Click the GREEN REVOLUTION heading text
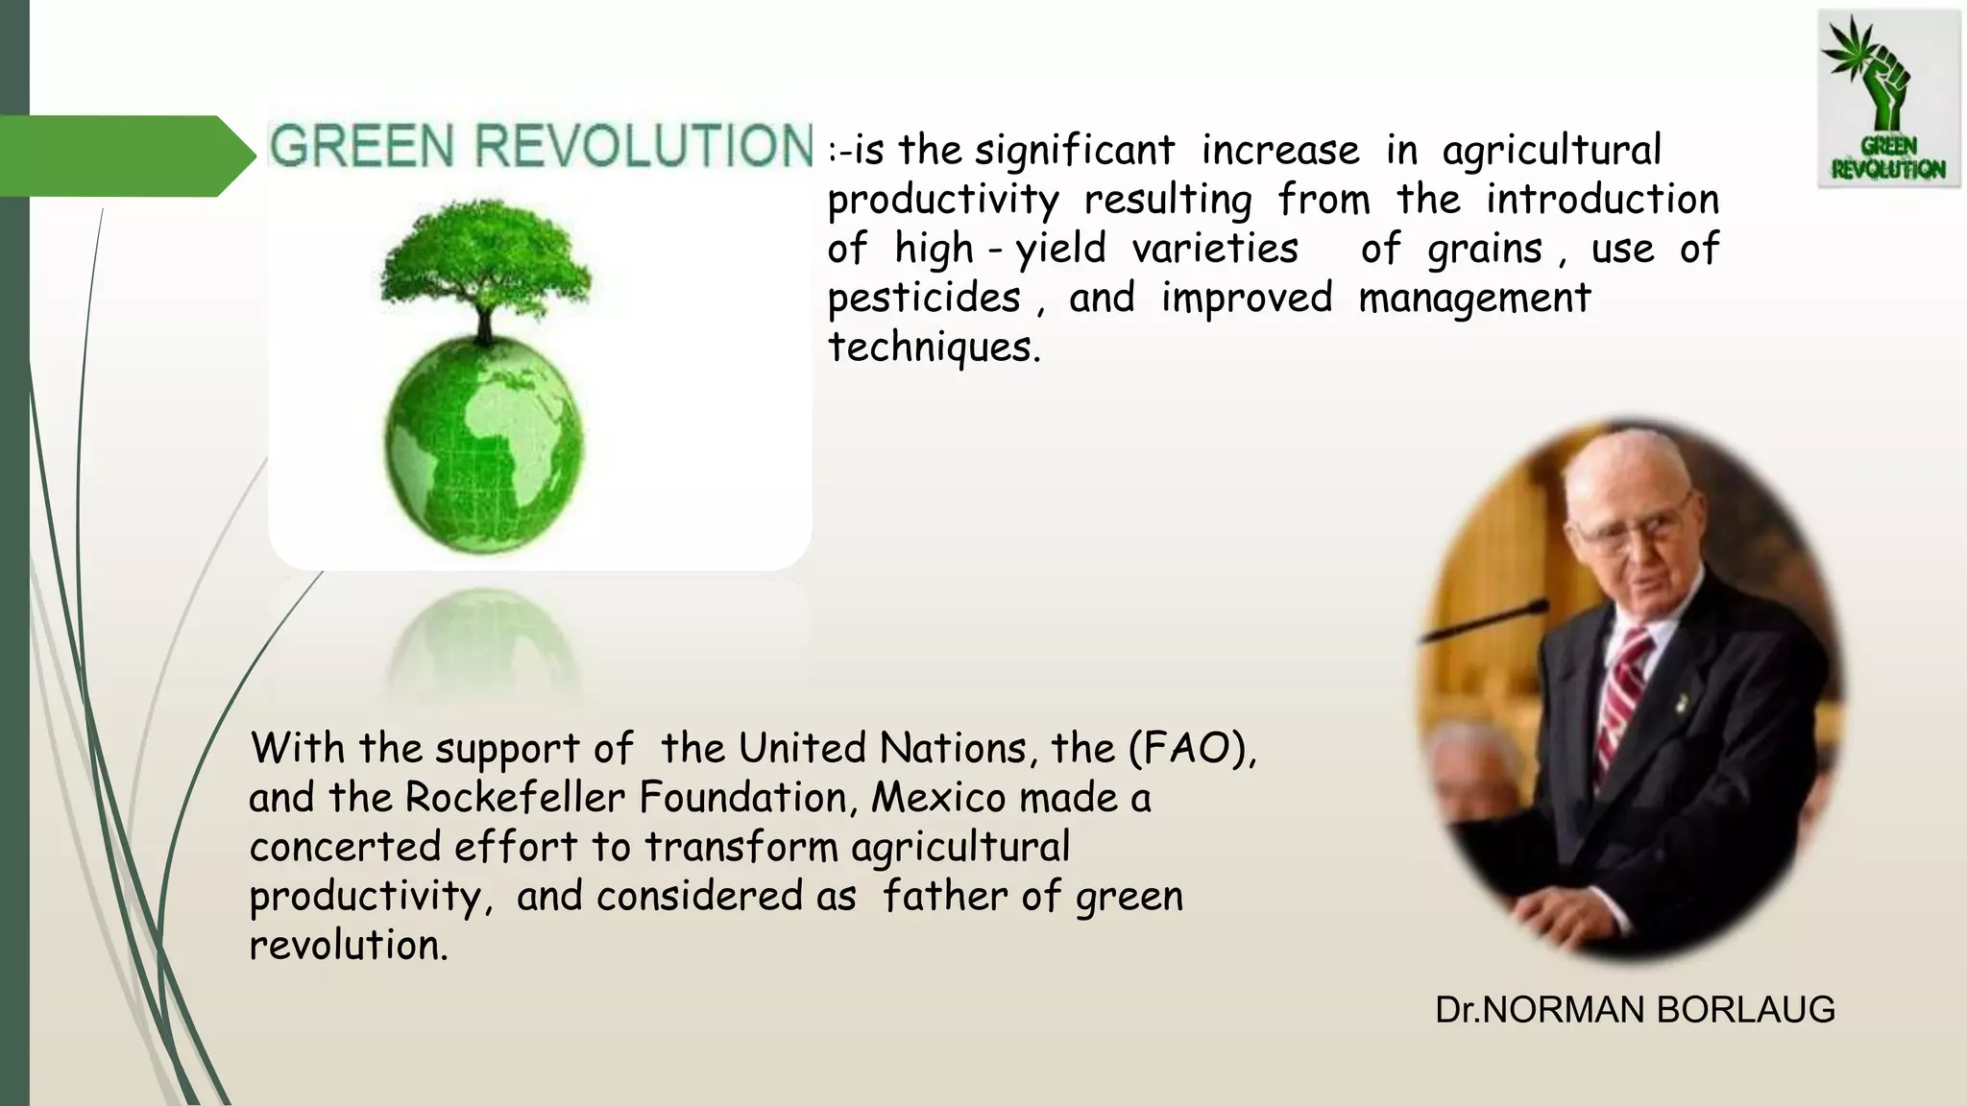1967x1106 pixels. [x=541, y=147]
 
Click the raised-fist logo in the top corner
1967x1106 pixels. [x=1887, y=101]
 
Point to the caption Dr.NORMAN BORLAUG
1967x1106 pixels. [x=1635, y=1010]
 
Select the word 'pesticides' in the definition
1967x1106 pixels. [x=923, y=298]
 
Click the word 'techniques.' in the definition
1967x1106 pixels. [x=934, y=347]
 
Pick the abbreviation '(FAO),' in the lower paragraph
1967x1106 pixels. [x=1191, y=749]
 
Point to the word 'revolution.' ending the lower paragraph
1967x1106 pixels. [x=349, y=946]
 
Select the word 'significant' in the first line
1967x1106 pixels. [x=1074, y=151]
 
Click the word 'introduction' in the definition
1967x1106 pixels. [x=1601, y=200]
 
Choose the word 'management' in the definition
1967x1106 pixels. [x=1474, y=298]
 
